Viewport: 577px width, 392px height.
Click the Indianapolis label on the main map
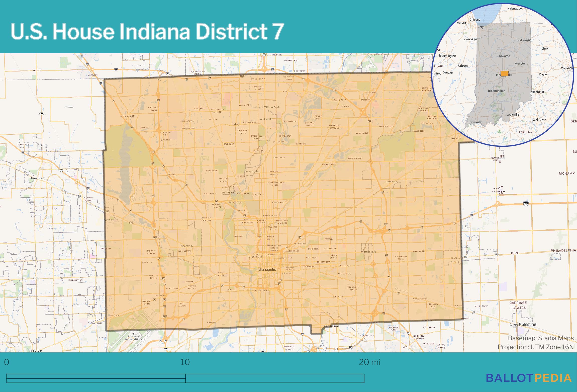[x=266, y=269]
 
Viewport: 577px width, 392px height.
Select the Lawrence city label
[x=392, y=181]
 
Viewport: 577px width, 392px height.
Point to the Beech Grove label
[x=332, y=326]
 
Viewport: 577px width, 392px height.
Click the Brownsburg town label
[x=38, y=178]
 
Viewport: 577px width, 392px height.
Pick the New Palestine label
[x=523, y=324]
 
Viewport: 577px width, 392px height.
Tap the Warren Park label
[x=368, y=252]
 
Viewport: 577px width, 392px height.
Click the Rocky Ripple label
[x=251, y=171]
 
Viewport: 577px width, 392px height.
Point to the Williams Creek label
[x=272, y=107]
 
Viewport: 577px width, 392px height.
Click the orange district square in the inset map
[x=504, y=73]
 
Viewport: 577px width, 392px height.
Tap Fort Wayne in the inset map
[x=524, y=40]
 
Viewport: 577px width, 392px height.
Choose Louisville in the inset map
[x=513, y=114]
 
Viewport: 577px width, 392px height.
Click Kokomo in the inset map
[x=504, y=56]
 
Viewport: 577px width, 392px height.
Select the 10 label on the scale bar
[x=185, y=362]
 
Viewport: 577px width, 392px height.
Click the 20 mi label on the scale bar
[x=369, y=362]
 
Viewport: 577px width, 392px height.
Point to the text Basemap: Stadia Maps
[x=541, y=338]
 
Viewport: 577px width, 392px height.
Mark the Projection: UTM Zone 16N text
[x=535, y=347]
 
